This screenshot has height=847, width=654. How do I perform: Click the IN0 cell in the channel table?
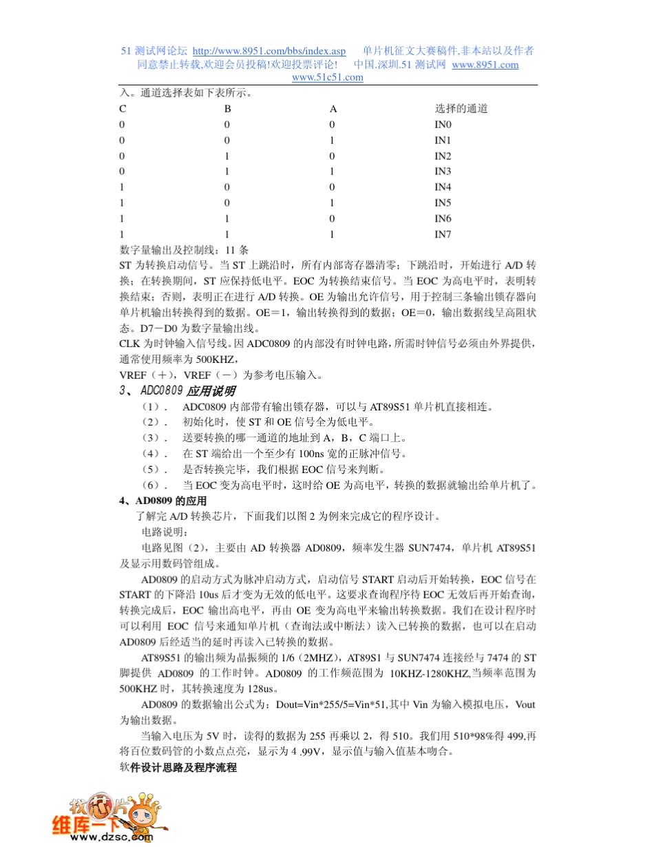click(x=442, y=125)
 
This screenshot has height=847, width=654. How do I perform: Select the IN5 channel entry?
click(x=442, y=203)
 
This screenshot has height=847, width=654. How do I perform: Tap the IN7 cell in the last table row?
click(x=442, y=234)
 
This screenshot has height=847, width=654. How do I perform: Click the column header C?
click(x=123, y=109)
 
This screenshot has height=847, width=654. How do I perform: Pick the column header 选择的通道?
click(x=461, y=109)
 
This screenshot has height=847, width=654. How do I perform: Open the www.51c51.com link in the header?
click(x=328, y=78)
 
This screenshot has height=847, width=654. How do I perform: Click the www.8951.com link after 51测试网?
click(x=485, y=65)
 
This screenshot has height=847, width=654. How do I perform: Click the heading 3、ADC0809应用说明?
click(x=168, y=391)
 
